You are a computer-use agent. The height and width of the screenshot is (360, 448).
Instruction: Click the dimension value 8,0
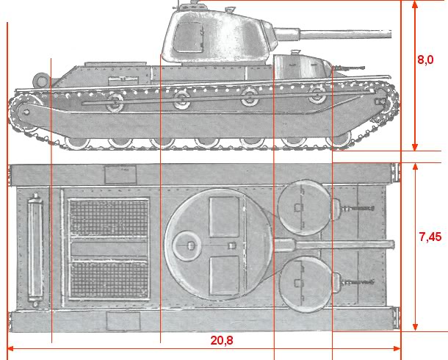(x=425, y=60)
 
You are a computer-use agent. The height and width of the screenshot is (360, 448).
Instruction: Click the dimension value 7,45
(x=430, y=237)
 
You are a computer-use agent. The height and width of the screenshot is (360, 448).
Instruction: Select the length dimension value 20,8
(x=222, y=340)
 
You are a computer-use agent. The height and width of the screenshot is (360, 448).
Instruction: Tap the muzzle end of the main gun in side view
(x=390, y=34)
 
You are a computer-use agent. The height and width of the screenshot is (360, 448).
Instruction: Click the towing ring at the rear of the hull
(x=40, y=80)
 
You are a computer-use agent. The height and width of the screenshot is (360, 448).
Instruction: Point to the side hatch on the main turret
(x=189, y=37)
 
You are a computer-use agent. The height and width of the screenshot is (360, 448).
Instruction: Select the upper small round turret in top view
(x=305, y=208)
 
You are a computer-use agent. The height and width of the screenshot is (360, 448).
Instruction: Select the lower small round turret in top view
(x=305, y=284)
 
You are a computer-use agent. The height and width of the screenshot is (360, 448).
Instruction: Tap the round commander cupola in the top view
(x=187, y=245)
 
